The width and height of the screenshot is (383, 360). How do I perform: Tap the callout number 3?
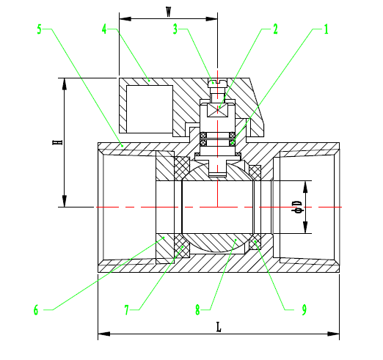click(175, 29)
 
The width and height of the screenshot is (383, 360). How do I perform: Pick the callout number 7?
click(127, 309)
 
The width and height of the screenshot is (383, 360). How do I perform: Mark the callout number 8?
click(197, 309)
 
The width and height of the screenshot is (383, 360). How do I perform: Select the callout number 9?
click(303, 309)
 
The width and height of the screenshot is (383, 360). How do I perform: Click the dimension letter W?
click(168, 11)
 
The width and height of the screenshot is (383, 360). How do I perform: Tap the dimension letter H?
click(56, 142)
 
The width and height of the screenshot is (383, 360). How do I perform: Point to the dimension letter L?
click(218, 328)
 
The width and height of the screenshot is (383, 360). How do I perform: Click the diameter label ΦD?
click(297, 207)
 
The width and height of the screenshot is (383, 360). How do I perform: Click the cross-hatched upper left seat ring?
click(183, 168)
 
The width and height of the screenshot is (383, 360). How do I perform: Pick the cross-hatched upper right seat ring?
click(255, 173)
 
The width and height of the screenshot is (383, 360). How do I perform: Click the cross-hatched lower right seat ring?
click(255, 243)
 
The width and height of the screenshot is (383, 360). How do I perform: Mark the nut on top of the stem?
click(217, 83)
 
